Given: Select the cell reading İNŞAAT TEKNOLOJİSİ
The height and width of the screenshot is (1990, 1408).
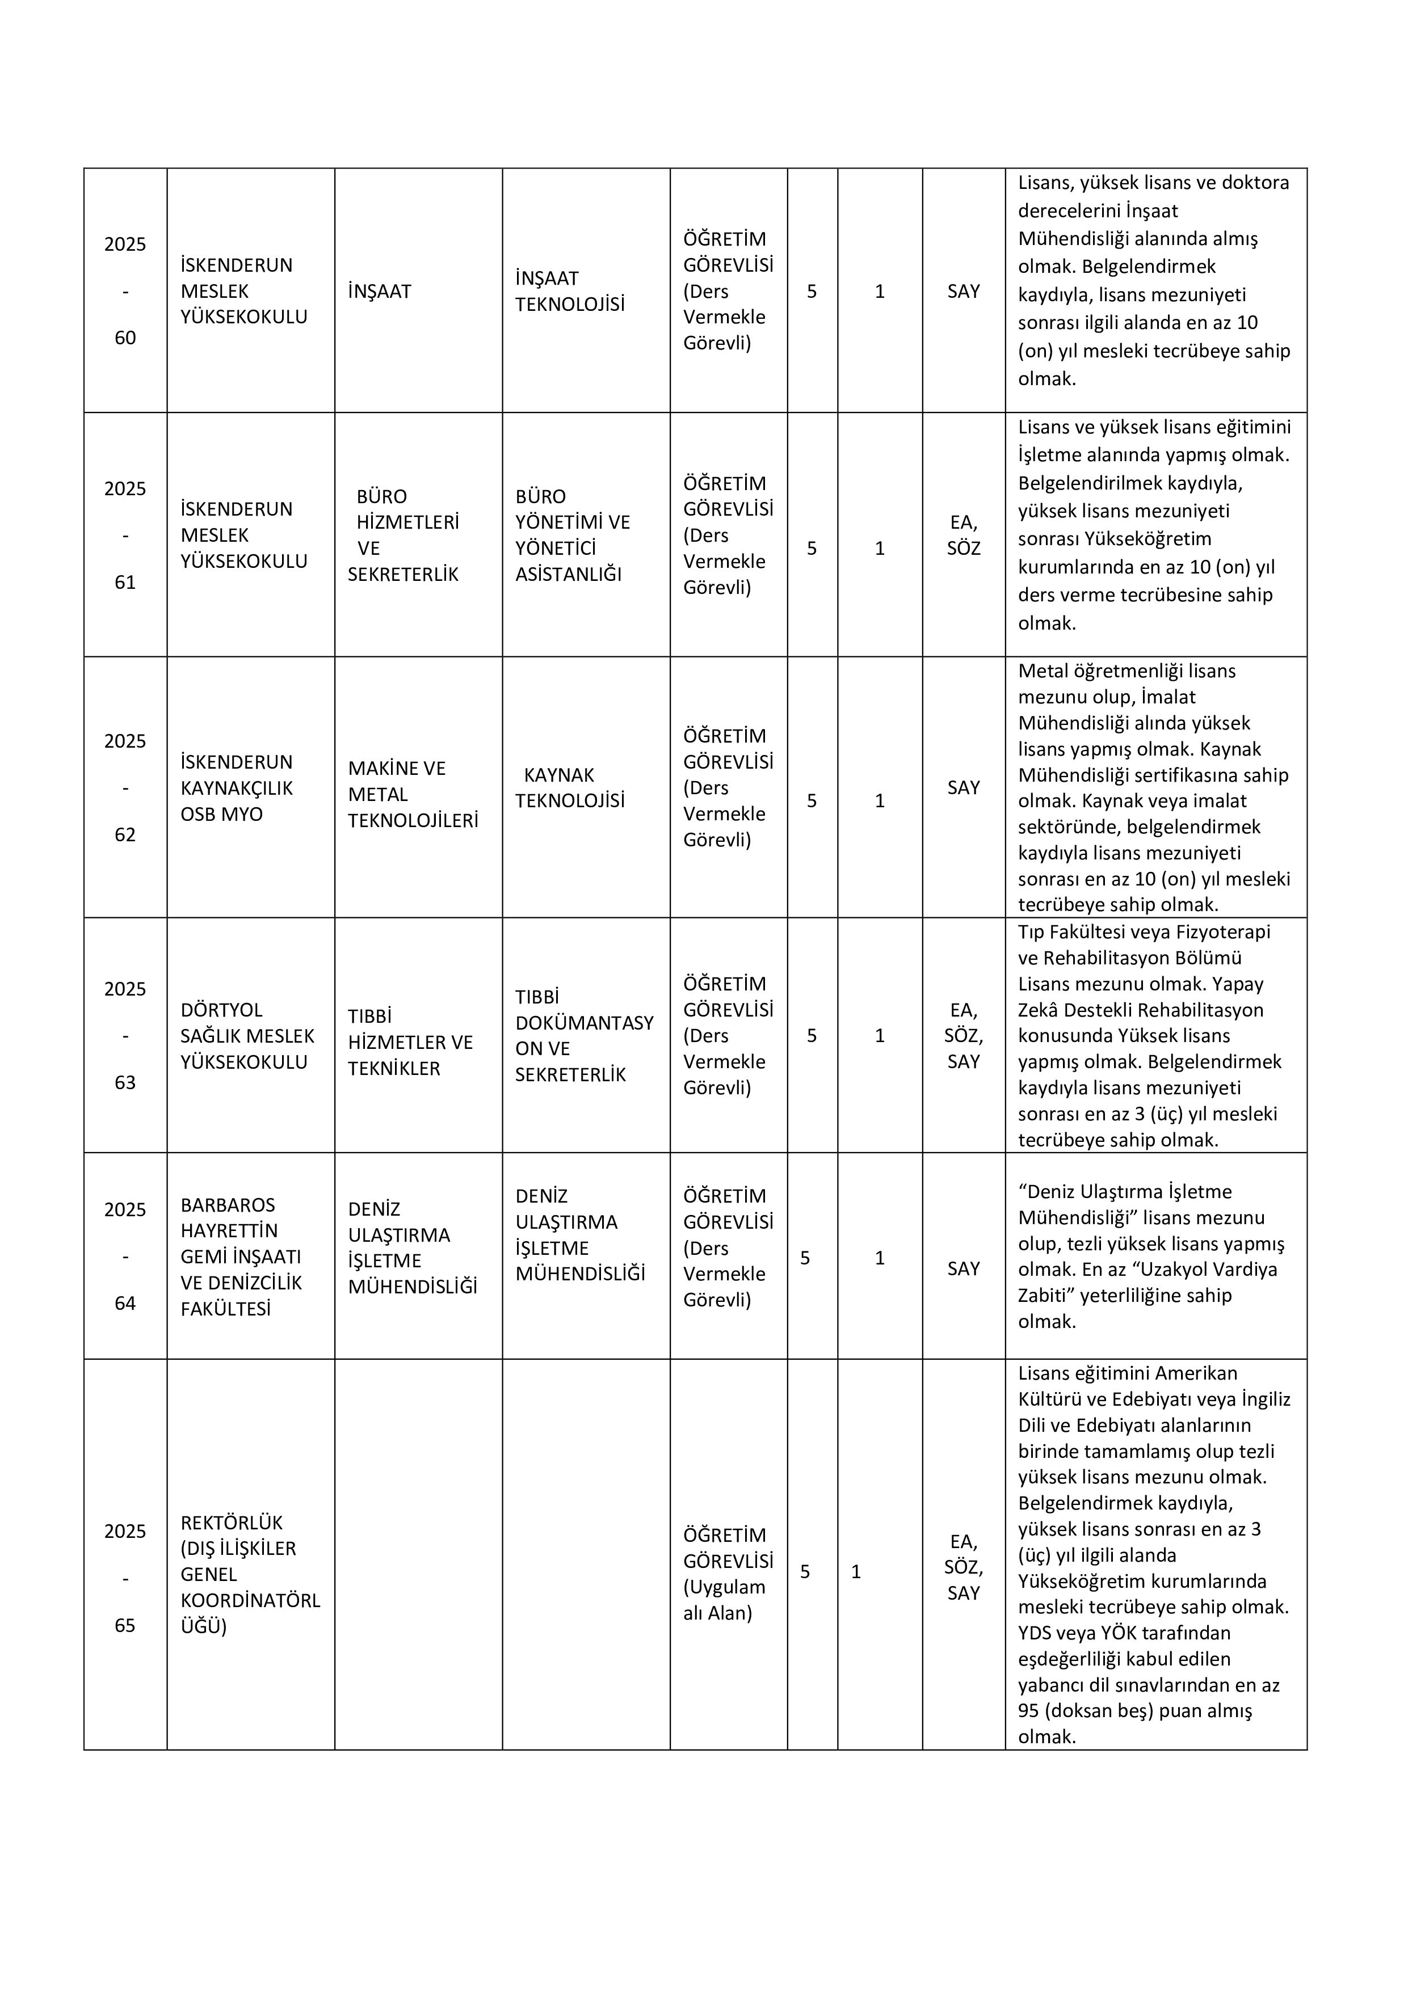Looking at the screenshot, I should (570, 291).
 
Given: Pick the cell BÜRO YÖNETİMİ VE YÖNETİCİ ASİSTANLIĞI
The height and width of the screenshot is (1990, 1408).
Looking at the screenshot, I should (572, 535).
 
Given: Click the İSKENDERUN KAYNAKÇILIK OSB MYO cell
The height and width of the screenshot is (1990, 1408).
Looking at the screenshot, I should (237, 788).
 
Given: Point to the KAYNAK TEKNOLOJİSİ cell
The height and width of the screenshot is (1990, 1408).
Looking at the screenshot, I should (570, 788).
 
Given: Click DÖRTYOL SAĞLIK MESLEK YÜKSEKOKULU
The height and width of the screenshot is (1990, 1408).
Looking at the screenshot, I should (247, 1036).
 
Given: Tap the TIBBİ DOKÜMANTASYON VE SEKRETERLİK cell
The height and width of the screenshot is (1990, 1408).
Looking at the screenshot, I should (583, 1036).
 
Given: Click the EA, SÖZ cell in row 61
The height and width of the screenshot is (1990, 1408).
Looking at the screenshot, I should (963, 535).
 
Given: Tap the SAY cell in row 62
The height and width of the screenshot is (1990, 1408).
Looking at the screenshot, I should (963, 788).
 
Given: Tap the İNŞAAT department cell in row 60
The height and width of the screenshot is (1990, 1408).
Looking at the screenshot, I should (380, 291).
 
